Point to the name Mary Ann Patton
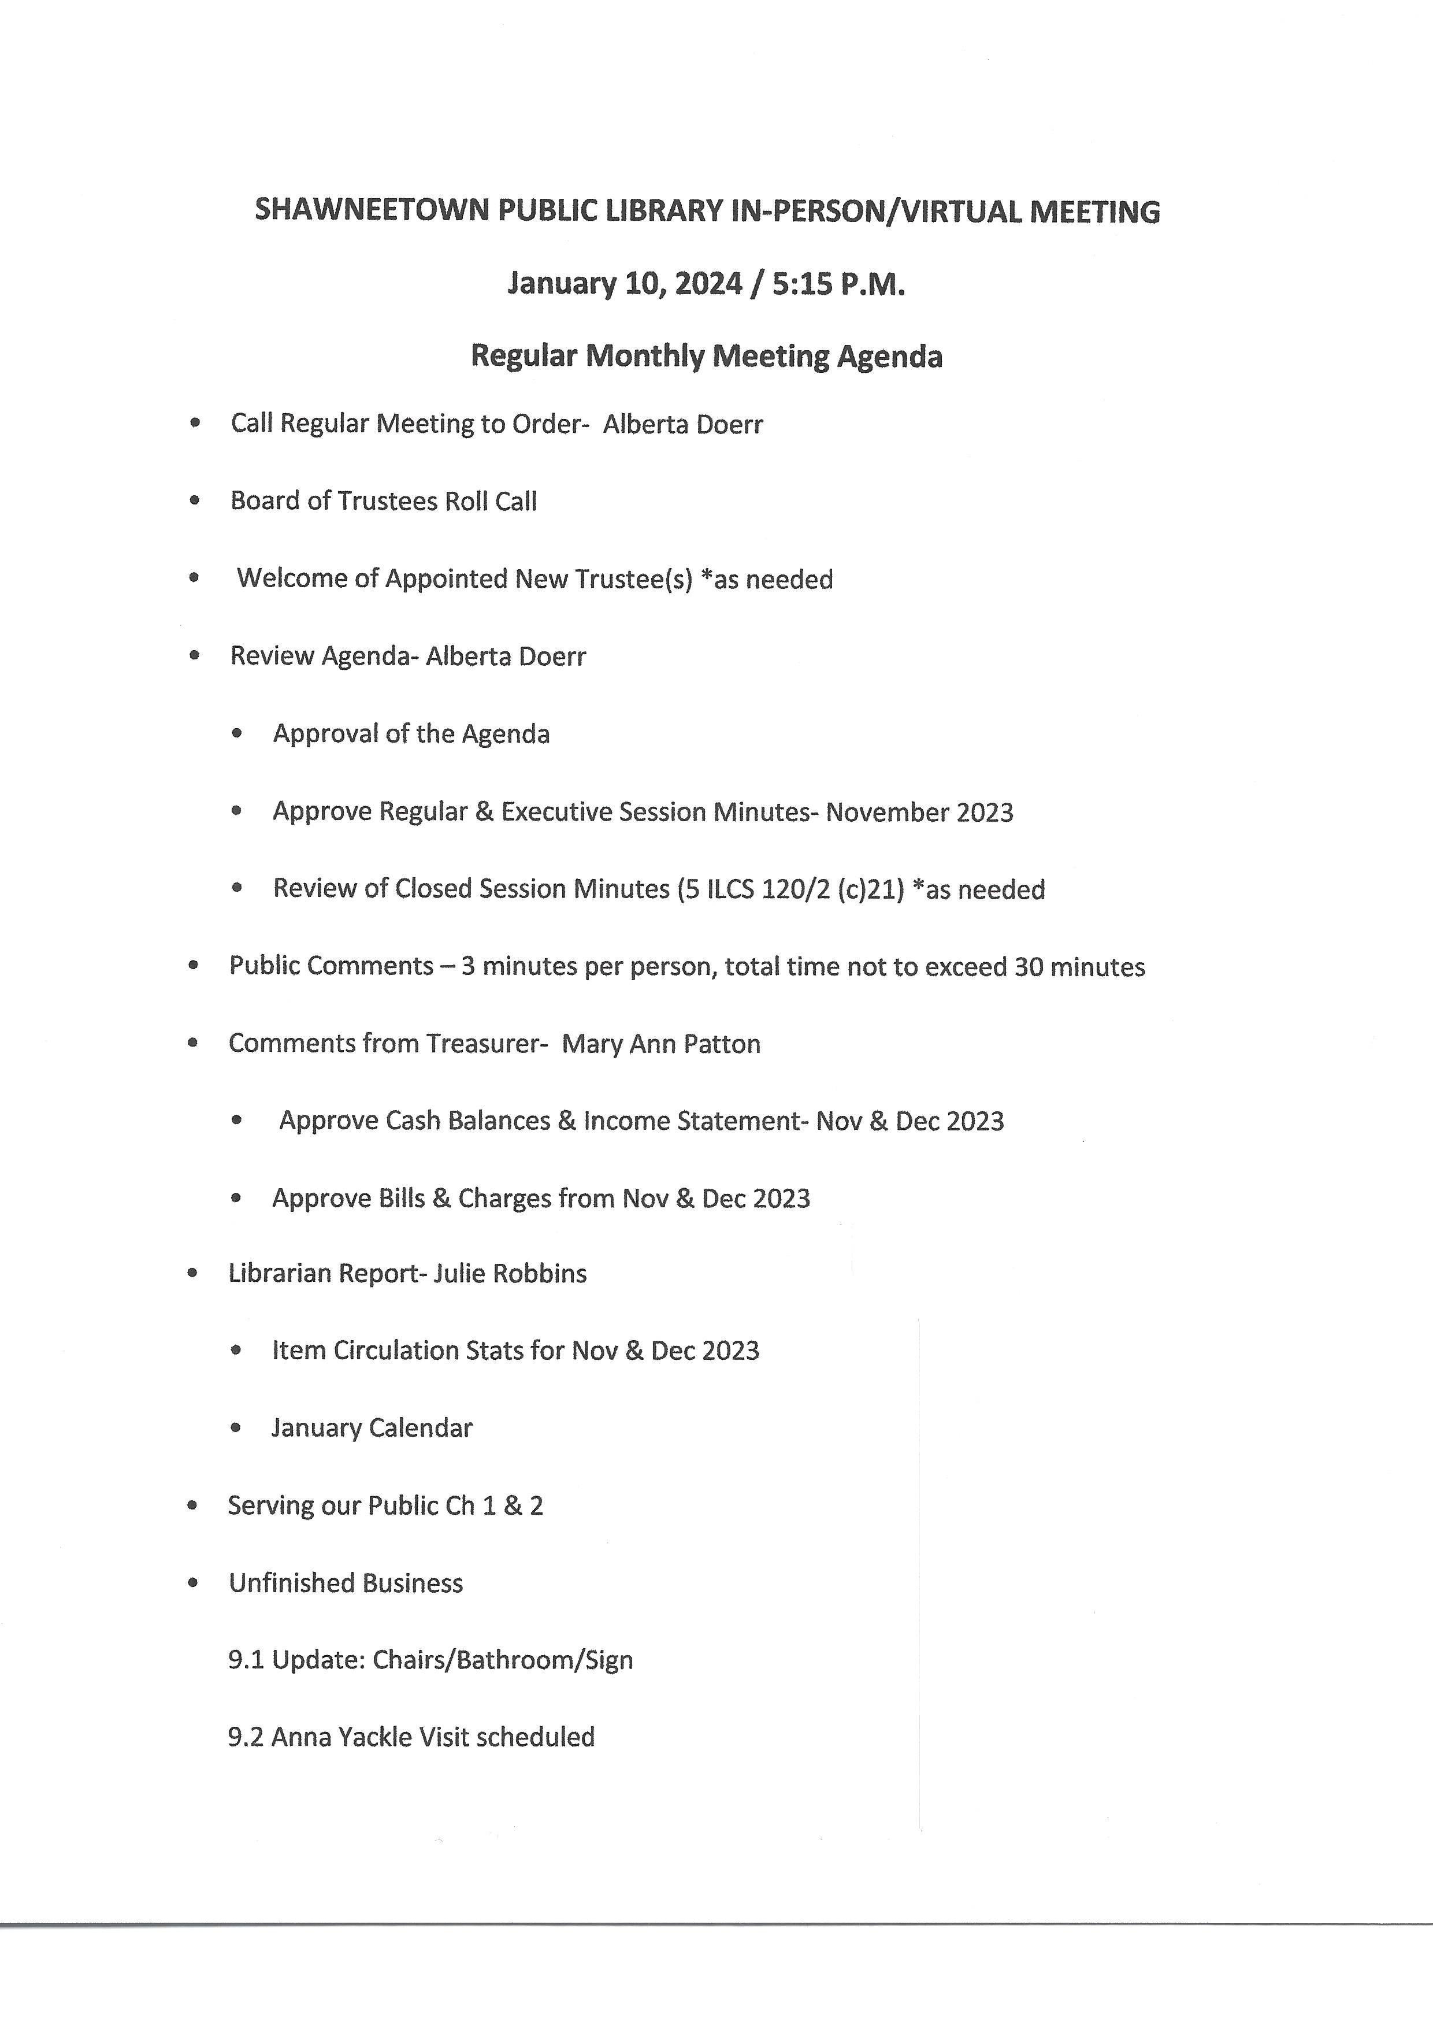coord(661,1044)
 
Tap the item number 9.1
coord(246,1660)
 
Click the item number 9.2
coord(246,1737)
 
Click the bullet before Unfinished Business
coord(193,1583)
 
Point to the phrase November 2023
coord(919,812)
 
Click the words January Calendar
coord(372,1427)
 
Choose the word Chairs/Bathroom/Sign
coord(502,1660)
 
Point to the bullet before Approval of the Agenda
coord(236,733)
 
